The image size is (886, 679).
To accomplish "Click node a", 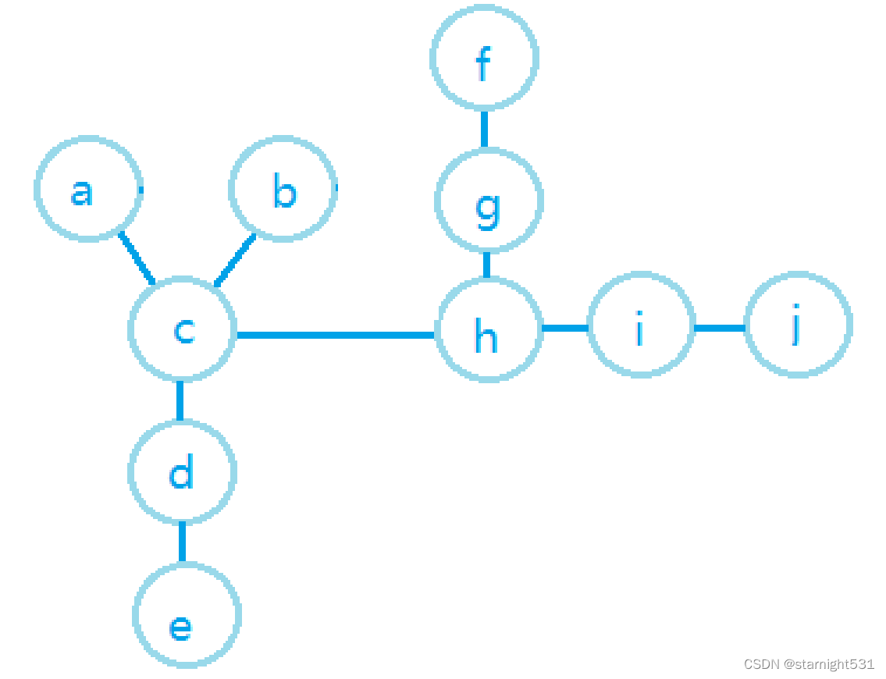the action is click(x=88, y=189).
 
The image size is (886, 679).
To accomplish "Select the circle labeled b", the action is click(x=283, y=189).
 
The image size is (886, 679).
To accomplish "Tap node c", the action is click(x=182, y=329).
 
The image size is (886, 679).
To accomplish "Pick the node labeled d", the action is click(x=182, y=472).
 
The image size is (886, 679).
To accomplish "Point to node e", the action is click(x=187, y=615).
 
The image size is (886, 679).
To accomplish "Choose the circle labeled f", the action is click(x=484, y=58).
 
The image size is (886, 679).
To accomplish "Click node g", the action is click(x=488, y=201).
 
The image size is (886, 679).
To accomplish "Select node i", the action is click(x=641, y=326).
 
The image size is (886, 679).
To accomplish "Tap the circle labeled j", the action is click(x=798, y=325).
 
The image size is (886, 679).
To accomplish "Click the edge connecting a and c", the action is click(x=137, y=258).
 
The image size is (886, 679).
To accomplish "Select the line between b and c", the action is click(x=235, y=259).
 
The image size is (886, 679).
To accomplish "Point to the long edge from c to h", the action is click(x=336, y=335).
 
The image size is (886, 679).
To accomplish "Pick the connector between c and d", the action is click(x=180, y=401).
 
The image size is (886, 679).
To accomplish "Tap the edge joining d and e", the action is click(x=183, y=542).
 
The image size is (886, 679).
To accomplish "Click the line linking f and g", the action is click(x=484, y=129).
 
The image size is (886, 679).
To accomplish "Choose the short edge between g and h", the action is click(x=486, y=265).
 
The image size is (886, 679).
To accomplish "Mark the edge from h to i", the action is click(x=565, y=328).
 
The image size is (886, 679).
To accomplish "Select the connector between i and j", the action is click(x=719, y=328).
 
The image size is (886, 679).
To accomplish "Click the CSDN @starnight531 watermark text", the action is click(x=809, y=664).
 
